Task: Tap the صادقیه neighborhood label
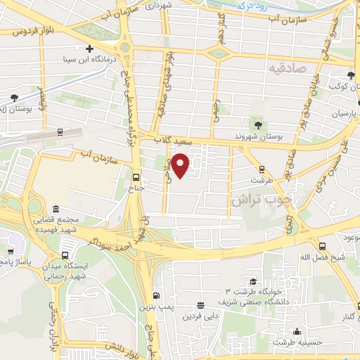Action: point(288,67)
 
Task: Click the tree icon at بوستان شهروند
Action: point(258,125)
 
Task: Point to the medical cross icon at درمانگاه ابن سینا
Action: point(89,49)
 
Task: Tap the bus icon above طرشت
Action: point(262,169)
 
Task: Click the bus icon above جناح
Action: point(136,177)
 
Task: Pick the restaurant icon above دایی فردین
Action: point(201,305)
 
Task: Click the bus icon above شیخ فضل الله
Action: point(323,245)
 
